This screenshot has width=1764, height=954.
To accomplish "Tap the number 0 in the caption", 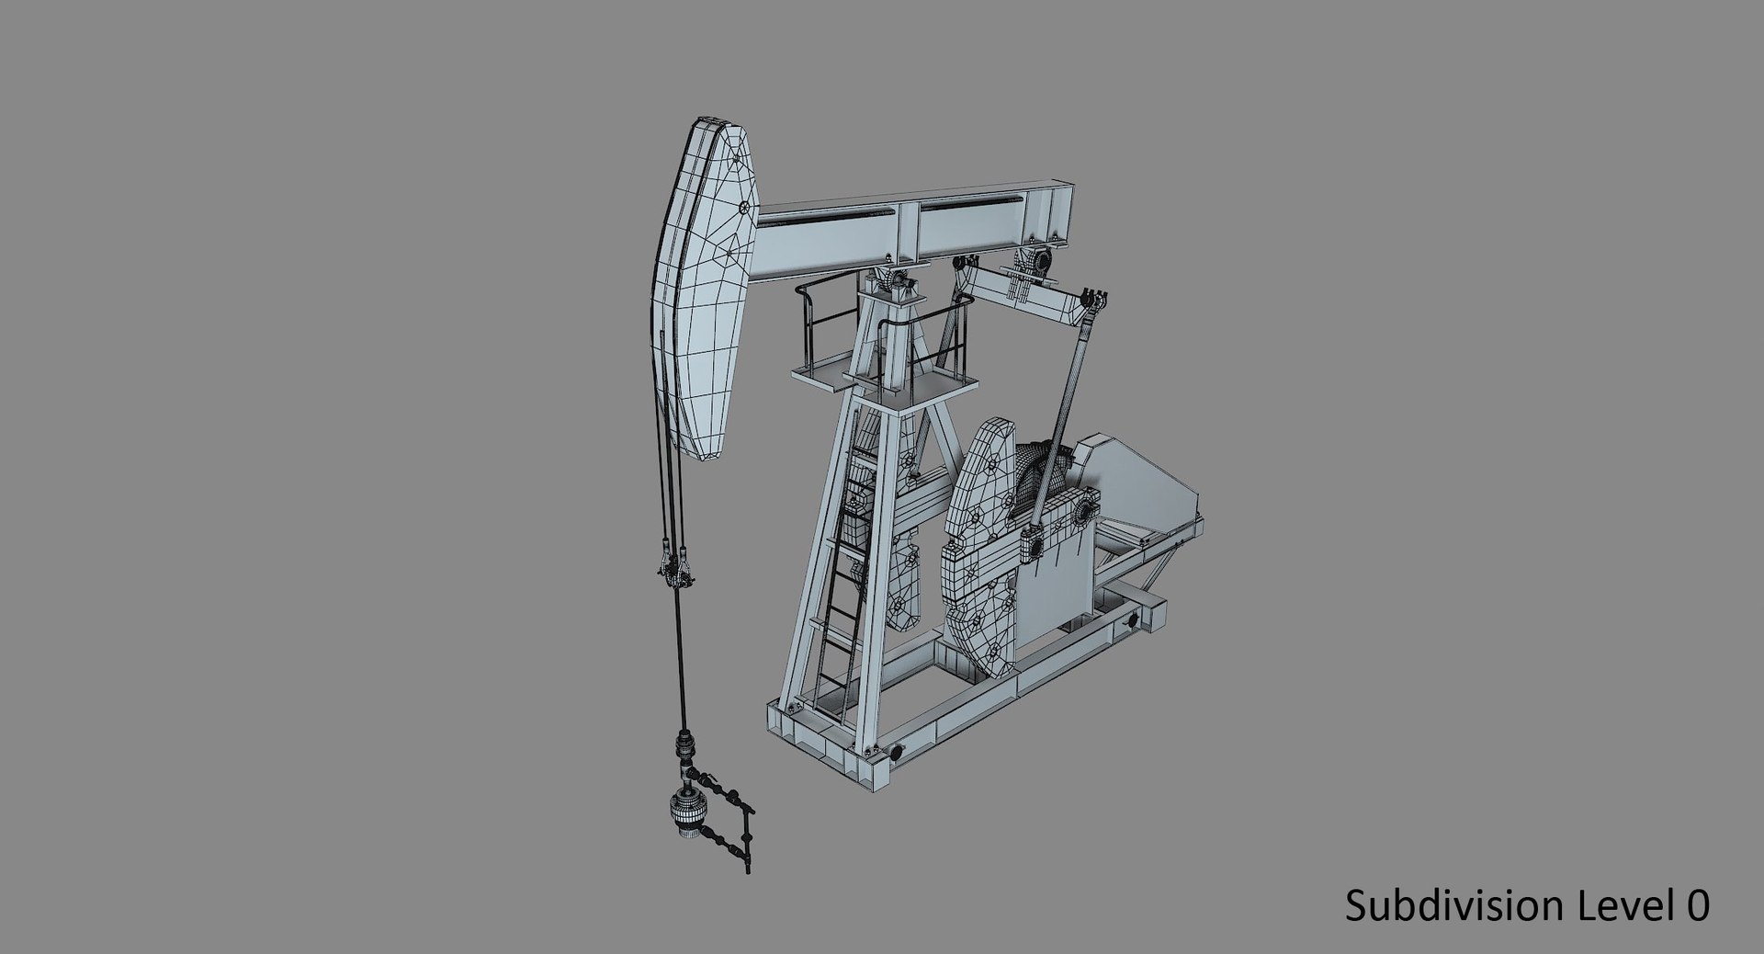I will click(1698, 905).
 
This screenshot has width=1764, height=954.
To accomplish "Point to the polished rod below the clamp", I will click(682, 662).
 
